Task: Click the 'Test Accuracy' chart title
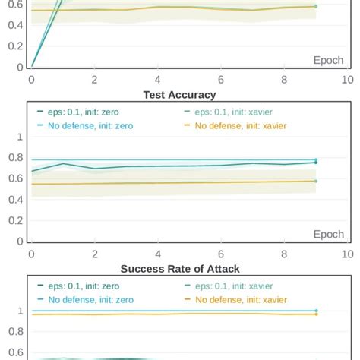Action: pyautogui.click(x=180, y=95)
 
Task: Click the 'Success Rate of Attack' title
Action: pyautogui.click(x=180, y=270)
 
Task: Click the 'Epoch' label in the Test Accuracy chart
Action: pyautogui.click(x=328, y=235)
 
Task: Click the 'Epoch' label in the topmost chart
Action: pyautogui.click(x=328, y=60)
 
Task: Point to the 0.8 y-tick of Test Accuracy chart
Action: pyautogui.click(x=14, y=158)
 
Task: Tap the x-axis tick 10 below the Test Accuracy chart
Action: pyautogui.click(x=347, y=254)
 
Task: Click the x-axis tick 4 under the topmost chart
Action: pyautogui.click(x=157, y=79)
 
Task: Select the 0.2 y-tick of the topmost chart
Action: pyautogui.click(x=14, y=46)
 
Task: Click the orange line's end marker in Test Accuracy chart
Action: pyautogui.click(x=315, y=181)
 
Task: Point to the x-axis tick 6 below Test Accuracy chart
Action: pyautogui.click(x=220, y=254)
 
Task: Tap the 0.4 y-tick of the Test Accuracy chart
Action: pyautogui.click(x=14, y=200)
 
